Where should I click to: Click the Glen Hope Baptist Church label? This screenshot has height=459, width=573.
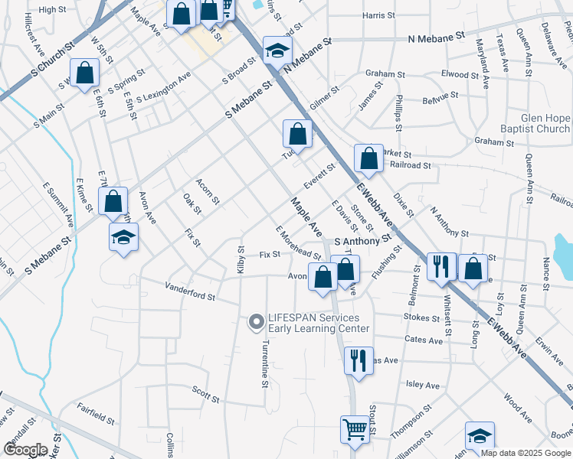pyautogui.click(x=533, y=123)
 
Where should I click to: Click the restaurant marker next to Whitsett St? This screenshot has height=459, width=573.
pyautogui.click(x=441, y=268)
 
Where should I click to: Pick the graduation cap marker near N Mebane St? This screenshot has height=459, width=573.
pyautogui.click(x=277, y=51)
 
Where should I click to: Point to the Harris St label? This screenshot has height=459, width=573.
pyautogui.click(x=378, y=15)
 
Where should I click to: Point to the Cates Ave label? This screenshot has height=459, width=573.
pyautogui.click(x=425, y=339)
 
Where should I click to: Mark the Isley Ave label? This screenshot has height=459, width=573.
pyautogui.click(x=421, y=385)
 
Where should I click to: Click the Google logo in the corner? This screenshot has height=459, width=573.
pyautogui.click(x=25, y=448)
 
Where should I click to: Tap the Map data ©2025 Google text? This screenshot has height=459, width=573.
pyautogui.click(x=525, y=453)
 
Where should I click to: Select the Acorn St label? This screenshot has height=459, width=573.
pyautogui.click(x=208, y=192)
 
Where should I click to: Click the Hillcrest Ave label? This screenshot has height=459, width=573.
pyautogui.click(x=34, y=37)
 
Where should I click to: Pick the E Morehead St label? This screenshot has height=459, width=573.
pyautogui.click(x=298, y=243)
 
